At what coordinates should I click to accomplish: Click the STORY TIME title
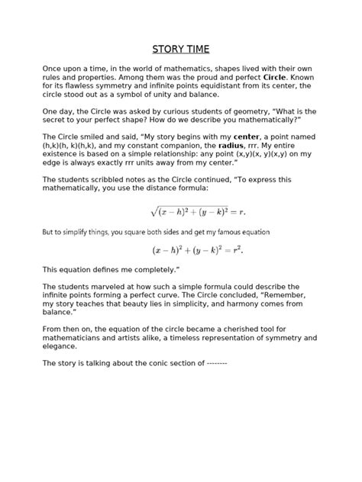(x=181, y=50)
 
